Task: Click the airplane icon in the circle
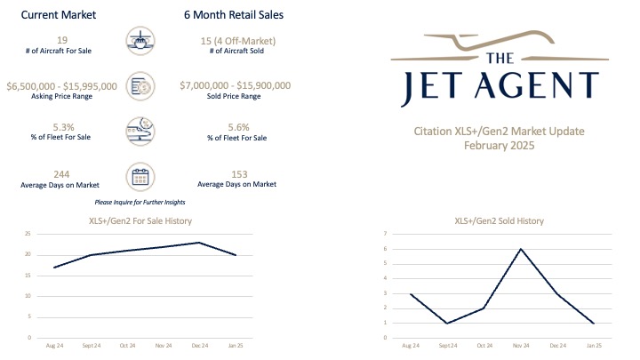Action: (x=140, y=42)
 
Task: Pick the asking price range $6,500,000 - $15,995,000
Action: (x=60, y=86)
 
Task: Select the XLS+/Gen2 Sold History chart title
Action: (x=499, y=220)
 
